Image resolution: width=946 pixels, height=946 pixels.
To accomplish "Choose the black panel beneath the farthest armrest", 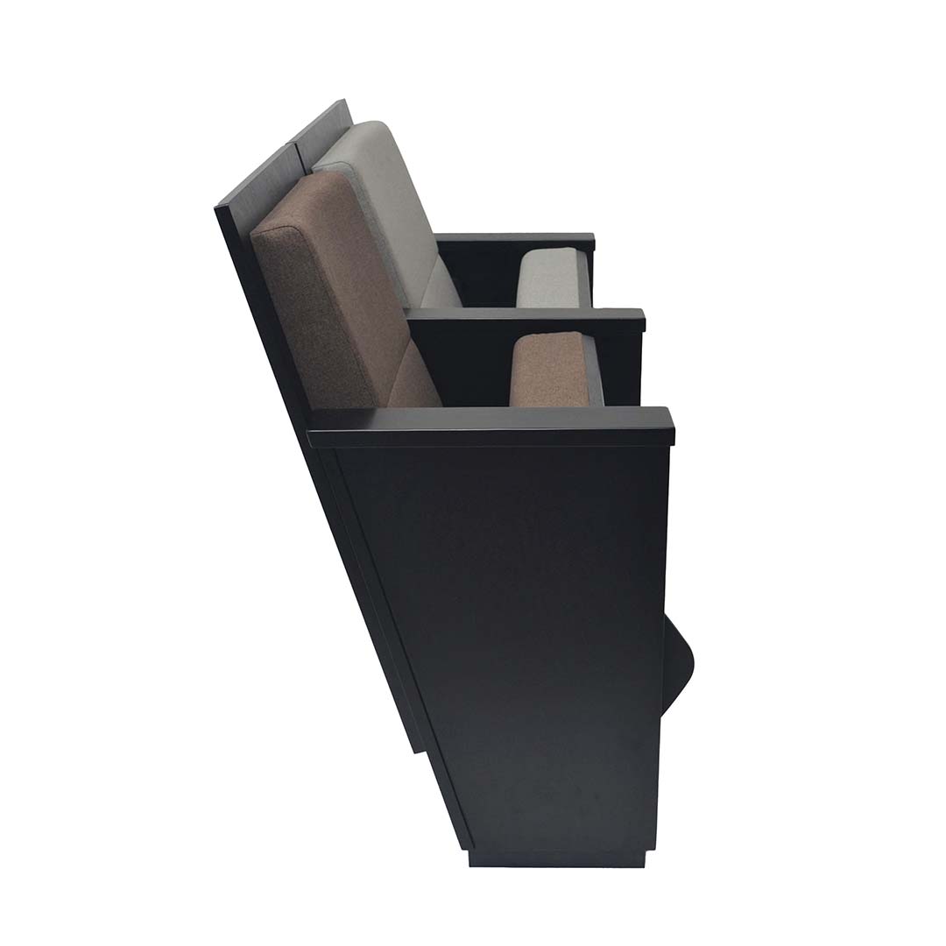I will [x=477, y=272].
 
